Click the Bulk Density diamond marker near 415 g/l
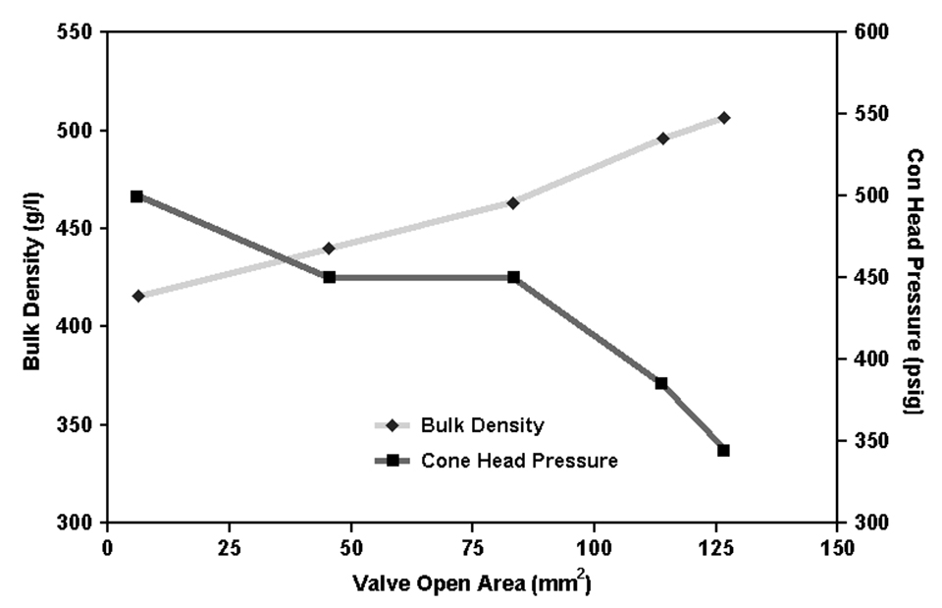coord(138,296)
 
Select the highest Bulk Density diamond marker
coord(723,118)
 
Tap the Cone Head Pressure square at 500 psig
coord(137,196)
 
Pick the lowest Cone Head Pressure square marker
coord(723,450)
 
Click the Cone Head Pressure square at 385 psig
coord(661,383)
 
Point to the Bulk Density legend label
coord(482,426)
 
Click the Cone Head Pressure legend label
coord(519,460)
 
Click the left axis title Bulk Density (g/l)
coord(31,278)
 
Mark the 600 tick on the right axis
coord(869,32)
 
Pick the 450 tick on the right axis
coord(869,277)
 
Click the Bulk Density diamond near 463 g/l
coord(512,202)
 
